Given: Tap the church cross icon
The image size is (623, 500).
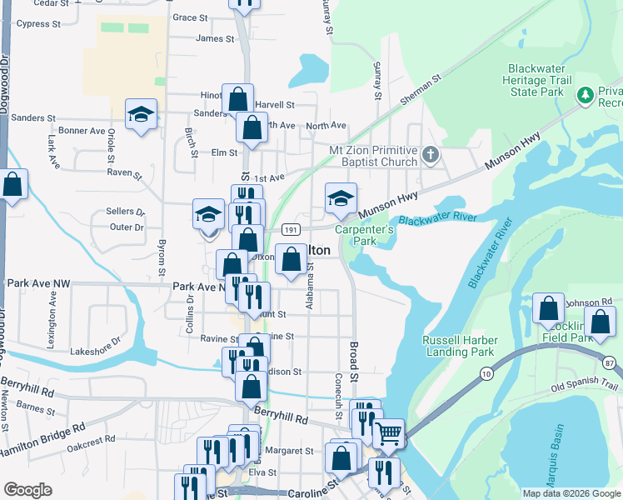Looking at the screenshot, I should click(x=430, y=155).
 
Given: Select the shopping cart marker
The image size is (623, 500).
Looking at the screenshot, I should click(x=387, y=433).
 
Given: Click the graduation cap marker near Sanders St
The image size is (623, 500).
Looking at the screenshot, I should click(x=142, y=114).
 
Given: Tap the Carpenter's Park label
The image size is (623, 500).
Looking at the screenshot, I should click(x=363, y=235).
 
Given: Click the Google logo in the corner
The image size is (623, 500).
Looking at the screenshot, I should click(x=27, y=490).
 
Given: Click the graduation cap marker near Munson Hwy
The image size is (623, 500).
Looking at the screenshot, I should click(x=341, y=198).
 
